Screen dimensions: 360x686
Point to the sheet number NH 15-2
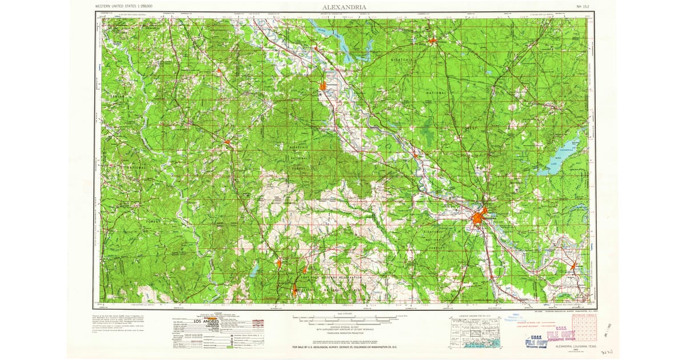coord(583,7)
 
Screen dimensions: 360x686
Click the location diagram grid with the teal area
coord(476,330)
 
